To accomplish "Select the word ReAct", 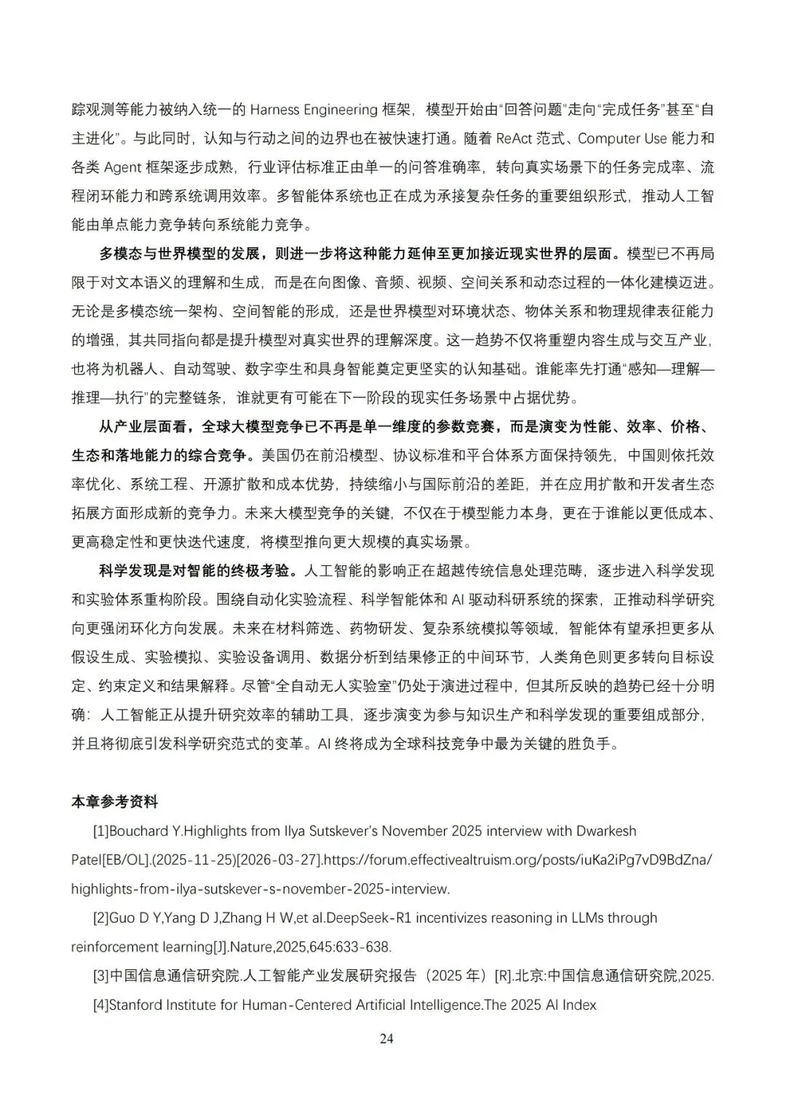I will (514, 138).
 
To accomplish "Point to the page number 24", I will (386, 1038).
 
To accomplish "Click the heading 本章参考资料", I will (114, 802).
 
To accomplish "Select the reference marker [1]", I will (100, 831).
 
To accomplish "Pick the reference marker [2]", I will (100, 918).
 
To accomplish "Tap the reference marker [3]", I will (100, 976).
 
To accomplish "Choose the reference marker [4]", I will (100, 1006).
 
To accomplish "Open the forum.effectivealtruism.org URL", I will (517, 860).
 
